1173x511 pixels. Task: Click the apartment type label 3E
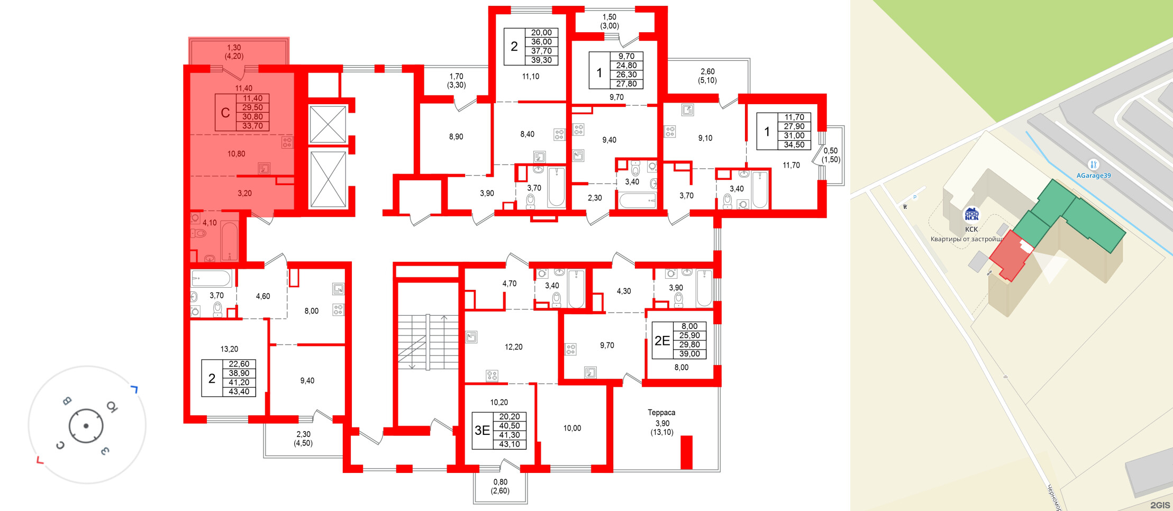[x=482, y=431]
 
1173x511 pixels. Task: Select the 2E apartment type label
[x=662, y=341]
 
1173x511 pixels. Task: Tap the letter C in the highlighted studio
[x=225, y=113]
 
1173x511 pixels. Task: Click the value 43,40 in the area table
[x=239, y=392]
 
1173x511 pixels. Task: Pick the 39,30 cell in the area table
[x=541, y=60]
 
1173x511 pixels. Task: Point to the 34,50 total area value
[x=794, y=145]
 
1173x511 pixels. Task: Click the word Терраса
[x=661, y=413]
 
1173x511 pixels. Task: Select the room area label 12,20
[x=513, y=347]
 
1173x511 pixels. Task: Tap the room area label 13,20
[x=229, y=349]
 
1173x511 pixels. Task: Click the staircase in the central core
[x=428, y=342]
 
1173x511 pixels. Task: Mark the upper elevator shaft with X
[x=328, y=124]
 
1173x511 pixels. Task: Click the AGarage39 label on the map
[x=1093, y=176]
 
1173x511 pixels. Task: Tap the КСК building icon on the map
[x=971, y=214]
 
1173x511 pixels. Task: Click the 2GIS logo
[x=1160, y=505]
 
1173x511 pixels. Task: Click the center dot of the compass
[x=86, y=426]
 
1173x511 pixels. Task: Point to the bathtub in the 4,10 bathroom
[x=229, y=241]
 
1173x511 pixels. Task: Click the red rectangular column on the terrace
[x=686, y=452]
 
